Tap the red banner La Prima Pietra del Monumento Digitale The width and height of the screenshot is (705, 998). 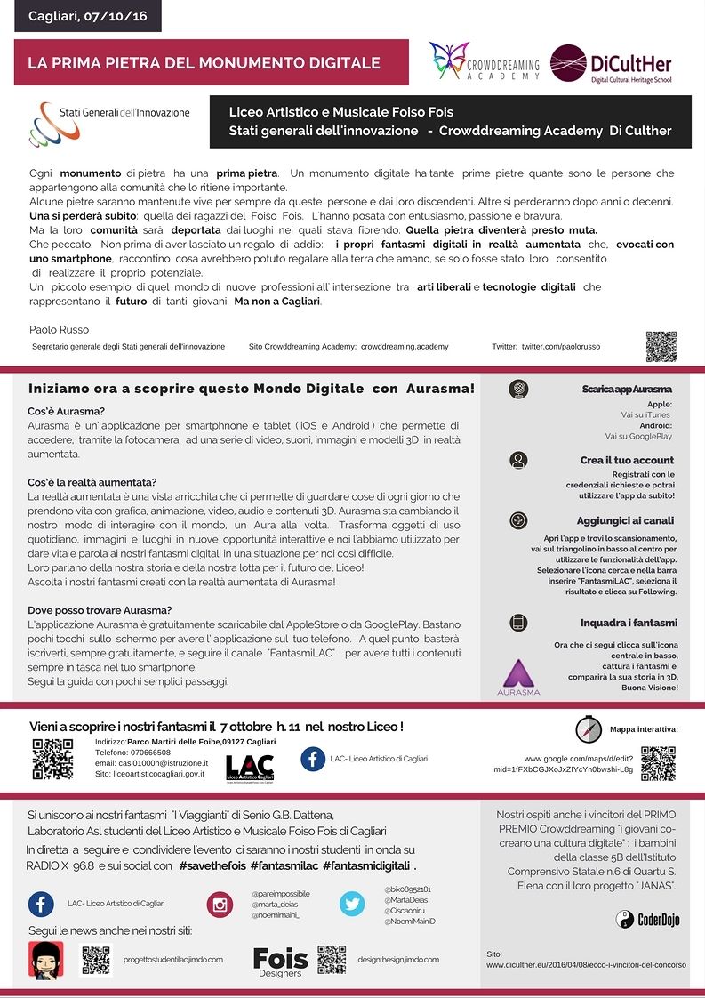[204, 63]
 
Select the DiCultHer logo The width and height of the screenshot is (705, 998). [610, 64]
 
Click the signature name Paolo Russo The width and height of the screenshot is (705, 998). [59, 329]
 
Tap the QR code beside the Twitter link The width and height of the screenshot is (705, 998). [661, 346]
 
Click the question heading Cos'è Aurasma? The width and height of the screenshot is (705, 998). [67, 411]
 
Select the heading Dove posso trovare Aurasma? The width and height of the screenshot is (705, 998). [100, 609]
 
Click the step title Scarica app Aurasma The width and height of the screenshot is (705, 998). [627, 390]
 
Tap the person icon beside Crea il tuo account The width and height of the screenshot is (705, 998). [519, 460]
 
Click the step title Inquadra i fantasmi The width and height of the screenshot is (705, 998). [629, 623]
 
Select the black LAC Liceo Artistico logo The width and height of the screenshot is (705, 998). [250, 768]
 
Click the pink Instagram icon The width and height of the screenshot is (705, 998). [220, 904]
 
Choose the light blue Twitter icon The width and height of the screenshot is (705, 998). [352, 904]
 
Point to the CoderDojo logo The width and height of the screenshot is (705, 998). [648, 920]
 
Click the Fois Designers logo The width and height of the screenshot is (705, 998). [280, 961]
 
